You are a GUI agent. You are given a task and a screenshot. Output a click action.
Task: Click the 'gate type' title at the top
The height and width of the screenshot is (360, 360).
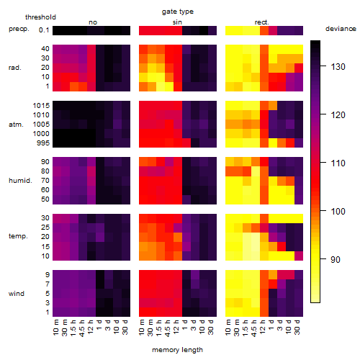pos(178,12)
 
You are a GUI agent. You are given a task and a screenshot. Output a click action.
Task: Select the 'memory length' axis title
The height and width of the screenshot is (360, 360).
pos(177,350)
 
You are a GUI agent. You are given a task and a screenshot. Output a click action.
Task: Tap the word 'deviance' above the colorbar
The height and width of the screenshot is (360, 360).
pos(341,29)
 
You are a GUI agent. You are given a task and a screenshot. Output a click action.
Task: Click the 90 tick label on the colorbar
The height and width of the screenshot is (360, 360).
pos(336,259)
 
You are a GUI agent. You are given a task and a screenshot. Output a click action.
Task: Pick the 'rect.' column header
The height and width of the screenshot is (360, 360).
pos(261,22)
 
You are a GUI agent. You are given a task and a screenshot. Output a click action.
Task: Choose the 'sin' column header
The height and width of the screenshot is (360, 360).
pos(177,22)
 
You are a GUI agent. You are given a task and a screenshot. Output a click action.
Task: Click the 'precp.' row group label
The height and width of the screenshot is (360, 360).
pos(19,29)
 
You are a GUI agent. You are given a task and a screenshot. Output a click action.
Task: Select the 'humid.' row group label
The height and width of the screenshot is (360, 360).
pos(20,180)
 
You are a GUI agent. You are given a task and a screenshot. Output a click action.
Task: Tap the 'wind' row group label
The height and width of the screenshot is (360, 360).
pos(17,293)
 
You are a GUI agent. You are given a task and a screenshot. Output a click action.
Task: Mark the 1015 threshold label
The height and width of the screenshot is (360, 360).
pos(41,105)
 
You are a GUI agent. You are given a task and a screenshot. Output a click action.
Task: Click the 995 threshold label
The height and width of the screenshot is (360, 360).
pos(43,143)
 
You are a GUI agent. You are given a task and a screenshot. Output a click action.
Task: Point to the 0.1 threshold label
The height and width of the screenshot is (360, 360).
pos(44,30)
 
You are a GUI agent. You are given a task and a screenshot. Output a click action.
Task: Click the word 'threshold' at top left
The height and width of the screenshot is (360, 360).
pos(40,17)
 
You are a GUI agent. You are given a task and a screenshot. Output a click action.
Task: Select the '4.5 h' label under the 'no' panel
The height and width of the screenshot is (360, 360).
pos(81,328)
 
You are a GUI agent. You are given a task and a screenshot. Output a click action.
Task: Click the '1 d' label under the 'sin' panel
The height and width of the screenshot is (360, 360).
pos(185,325)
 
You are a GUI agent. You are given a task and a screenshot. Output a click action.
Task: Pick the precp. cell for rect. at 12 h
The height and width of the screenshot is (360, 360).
pos(264,30)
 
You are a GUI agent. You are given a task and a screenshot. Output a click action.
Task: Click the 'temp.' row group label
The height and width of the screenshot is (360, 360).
pos(18,236)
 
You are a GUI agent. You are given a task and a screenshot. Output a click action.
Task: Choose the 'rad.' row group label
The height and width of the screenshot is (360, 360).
pos(15,68)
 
